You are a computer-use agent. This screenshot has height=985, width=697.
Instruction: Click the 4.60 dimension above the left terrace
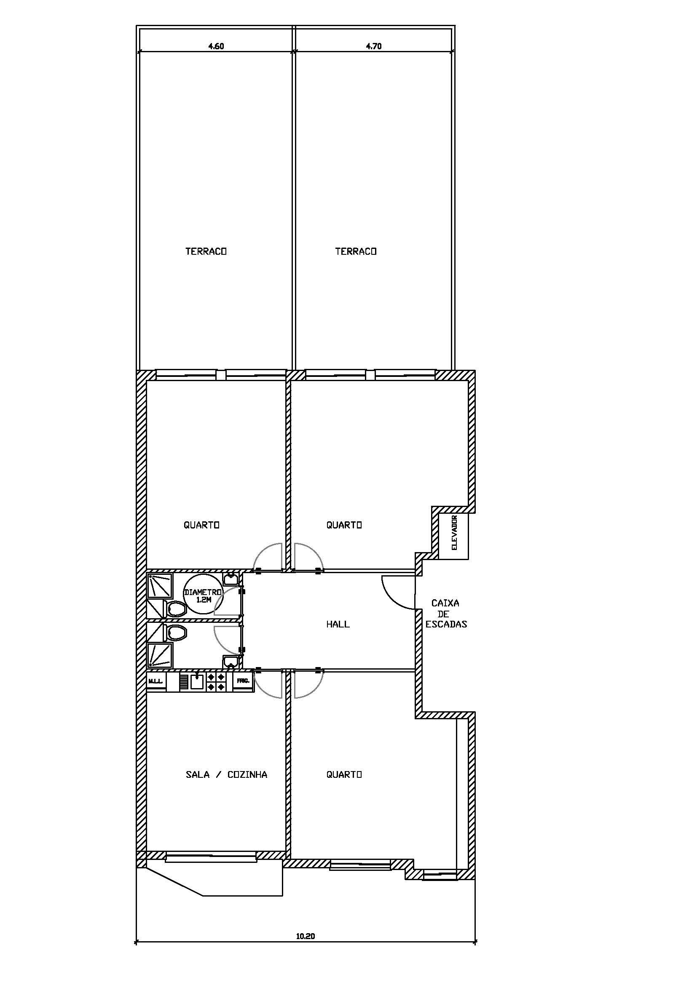[x=216, y=46]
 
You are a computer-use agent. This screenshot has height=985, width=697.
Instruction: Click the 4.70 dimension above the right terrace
[x=374, y=46]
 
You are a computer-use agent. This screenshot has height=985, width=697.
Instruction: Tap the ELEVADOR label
[x=455, y=532]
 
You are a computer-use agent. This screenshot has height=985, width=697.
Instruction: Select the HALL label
[x=338, y=624]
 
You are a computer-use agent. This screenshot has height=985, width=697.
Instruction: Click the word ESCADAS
[x=446, y=625]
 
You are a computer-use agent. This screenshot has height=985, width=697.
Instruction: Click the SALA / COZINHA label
[x=227, y=774]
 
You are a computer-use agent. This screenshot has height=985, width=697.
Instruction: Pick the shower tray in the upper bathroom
[x=160, y=586]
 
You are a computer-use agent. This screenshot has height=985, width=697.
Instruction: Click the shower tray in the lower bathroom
[x=160, y=655]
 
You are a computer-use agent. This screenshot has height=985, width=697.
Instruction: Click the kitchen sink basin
[x=197, y=682]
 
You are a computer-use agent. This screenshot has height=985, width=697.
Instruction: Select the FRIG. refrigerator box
[x=243, y=681]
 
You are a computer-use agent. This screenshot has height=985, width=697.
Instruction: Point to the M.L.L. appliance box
[x=156, y=681]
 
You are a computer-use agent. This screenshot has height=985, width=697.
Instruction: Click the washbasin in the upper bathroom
[x=231, y=580]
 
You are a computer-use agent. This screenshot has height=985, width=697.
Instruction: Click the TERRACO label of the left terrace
[x=206, y=251]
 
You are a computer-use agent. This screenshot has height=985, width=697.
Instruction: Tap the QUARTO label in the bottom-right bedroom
[x=344, y=774]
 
